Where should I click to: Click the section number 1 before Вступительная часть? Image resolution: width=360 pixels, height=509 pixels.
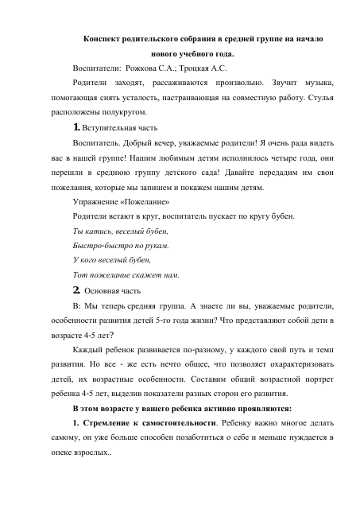tap(75, 128)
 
